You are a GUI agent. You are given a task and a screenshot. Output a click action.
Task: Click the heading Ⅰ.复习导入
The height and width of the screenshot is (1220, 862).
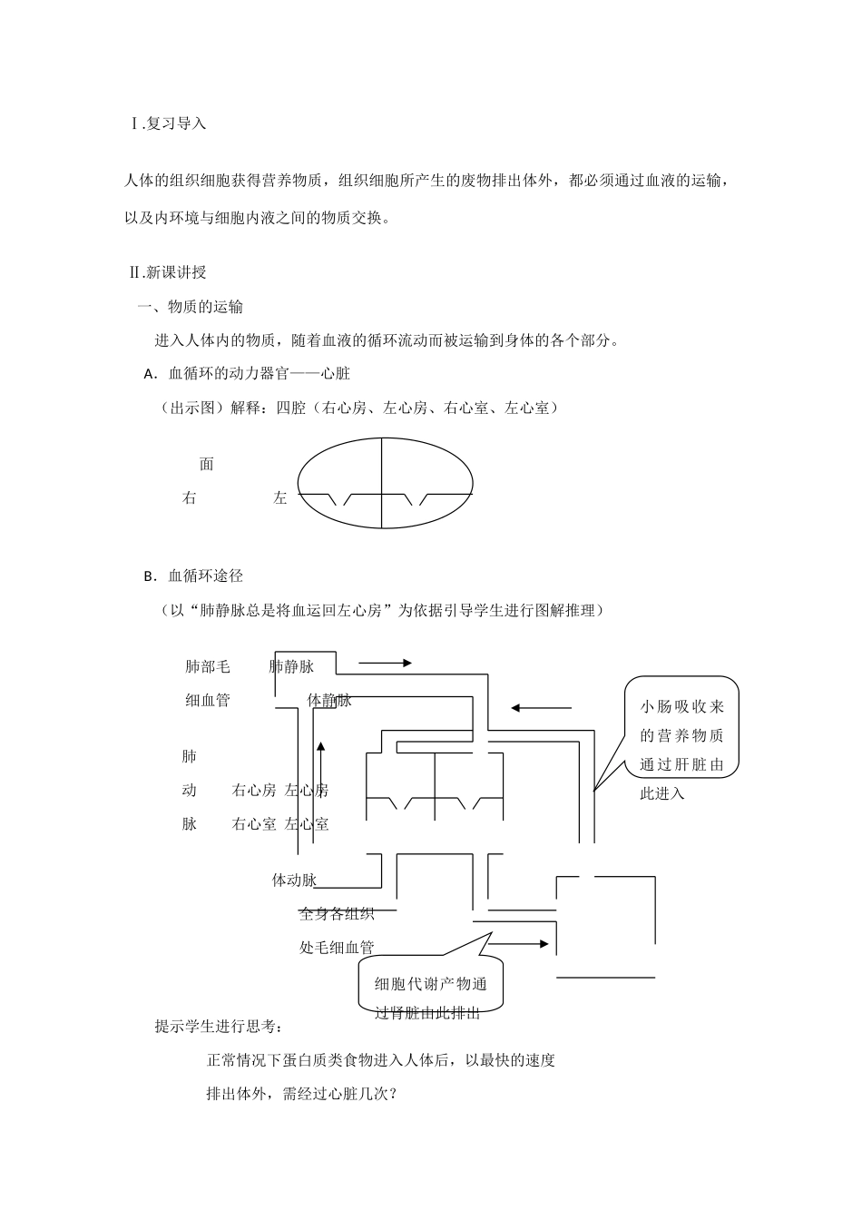click(x=169, y=123)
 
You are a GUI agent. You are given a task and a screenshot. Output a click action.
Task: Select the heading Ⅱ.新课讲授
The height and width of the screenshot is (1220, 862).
click(x=169, y=271)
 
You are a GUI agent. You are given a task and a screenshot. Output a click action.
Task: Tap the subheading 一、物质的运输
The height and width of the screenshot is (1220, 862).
click(x=190, y=307)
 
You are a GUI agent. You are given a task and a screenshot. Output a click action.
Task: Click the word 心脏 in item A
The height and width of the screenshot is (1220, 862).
click(x=336, y=373)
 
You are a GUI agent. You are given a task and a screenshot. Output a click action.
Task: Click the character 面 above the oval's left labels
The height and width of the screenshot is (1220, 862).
click(x=207, y=464)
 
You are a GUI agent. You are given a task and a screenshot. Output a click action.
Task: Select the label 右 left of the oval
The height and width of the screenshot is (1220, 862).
click(x=190, y=497)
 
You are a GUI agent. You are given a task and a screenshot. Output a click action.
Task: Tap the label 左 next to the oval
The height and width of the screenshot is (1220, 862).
click(x=280, y=497)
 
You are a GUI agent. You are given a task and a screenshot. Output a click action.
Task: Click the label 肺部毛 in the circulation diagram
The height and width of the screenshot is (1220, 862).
click(x=208, y=666)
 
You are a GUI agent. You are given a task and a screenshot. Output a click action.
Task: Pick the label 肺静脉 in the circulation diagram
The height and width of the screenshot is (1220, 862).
click(x=291, y=666)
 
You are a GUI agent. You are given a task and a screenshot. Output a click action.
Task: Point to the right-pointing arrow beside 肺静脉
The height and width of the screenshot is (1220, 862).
click(x=385, y=664)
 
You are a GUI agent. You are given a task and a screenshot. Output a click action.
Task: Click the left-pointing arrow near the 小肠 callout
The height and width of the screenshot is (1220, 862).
click(x=541, y=707)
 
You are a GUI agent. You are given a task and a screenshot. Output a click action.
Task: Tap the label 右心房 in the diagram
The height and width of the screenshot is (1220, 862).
click(x=254, y=791)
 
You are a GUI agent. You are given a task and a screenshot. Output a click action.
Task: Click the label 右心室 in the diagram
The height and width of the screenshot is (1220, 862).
click(x=254, y=824)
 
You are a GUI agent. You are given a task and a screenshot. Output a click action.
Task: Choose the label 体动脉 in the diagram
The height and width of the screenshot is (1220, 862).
click(x=294, y=880)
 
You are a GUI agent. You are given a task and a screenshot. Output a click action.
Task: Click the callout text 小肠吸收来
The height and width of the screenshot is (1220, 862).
click(x=682, y=707)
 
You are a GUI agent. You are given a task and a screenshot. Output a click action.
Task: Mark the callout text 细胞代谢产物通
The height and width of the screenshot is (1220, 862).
click(x=431, y=984)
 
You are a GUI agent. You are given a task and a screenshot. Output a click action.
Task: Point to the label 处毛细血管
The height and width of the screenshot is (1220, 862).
click(x=337, y=947)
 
